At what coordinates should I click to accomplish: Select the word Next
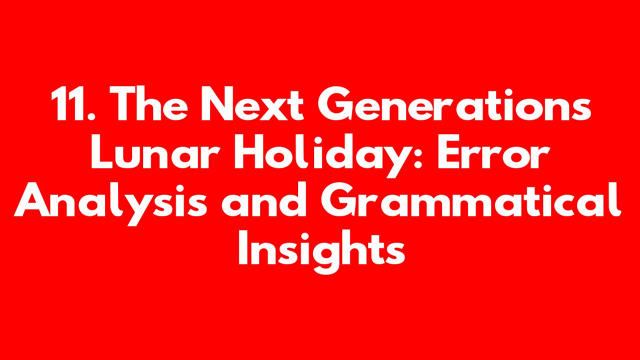click(x=252, y=104)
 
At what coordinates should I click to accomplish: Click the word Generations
click(x=454, y=104)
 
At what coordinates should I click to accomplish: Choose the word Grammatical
click(x=471, y=199)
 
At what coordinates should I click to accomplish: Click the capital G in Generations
click(x=335, y=104)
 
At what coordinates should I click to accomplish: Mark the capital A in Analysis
click(x=32, y=199)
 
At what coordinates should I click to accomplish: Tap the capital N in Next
click(x=218, y=104)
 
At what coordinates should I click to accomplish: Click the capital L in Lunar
click(x=102, y=152)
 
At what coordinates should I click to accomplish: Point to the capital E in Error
click(x=449, y=152)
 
